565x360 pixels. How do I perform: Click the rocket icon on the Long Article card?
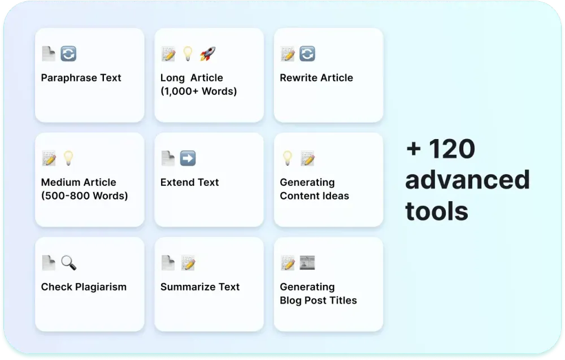(208, 54)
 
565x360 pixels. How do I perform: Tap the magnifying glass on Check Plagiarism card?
(68, 263)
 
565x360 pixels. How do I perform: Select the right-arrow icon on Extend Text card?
(188, 158)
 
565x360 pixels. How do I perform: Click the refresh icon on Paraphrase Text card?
(68, 54)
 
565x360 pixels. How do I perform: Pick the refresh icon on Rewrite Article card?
(307, 54)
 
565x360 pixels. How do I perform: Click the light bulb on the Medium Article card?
(68, 158)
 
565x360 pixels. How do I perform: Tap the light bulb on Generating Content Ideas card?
(287, 158)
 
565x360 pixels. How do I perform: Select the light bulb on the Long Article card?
(188, 53)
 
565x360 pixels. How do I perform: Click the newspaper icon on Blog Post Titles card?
(307, 263)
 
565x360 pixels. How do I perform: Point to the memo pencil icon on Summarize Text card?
(188, 263)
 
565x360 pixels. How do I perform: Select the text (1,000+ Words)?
(198, 91)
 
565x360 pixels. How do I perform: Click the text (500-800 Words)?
(84, 196)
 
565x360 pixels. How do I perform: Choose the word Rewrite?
(297, 78)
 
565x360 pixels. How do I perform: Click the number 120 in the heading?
(452, 149)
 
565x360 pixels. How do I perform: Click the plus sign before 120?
(414, 149)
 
